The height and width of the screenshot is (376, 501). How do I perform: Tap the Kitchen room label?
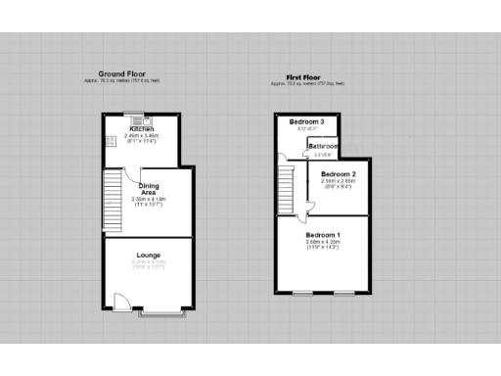[140, 128]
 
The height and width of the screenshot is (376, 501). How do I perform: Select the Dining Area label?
[150, 189]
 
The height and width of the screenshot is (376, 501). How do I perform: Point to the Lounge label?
[149, 256]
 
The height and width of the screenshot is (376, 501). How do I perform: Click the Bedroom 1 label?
[323, 236]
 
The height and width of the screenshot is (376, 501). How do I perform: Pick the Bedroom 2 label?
[339, 174]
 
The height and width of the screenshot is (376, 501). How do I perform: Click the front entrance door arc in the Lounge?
[119, 302]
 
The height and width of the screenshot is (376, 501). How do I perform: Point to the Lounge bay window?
[160, 315]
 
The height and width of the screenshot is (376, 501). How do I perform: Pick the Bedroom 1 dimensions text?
[323, 244]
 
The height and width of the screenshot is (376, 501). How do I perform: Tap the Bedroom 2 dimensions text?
[339, 182]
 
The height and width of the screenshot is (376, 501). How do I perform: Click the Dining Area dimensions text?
[150, 202]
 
